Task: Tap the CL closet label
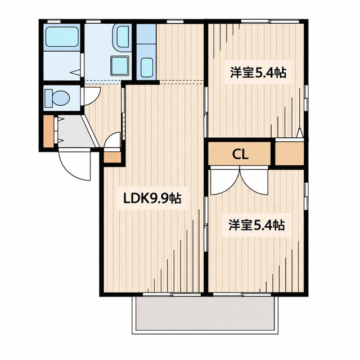point(240,153)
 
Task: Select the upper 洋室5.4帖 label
point(256,73)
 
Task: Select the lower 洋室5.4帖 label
point(256,225)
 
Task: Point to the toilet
point(57,98)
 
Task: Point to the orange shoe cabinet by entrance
point(48,130)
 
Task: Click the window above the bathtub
point(55,21)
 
